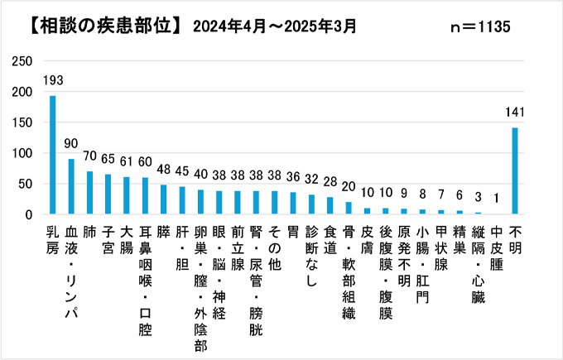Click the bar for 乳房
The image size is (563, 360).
53,156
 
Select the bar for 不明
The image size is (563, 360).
515,171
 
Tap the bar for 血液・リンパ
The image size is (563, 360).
71,187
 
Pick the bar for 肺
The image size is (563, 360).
89,193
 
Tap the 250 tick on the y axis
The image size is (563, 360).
24,61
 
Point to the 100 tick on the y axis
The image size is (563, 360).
24,153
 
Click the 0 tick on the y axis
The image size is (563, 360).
29,214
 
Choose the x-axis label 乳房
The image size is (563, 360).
53,238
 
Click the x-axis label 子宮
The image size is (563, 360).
108,238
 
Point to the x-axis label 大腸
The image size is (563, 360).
127,238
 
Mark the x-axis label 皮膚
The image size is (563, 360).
367,238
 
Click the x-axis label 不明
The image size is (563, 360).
515,238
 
